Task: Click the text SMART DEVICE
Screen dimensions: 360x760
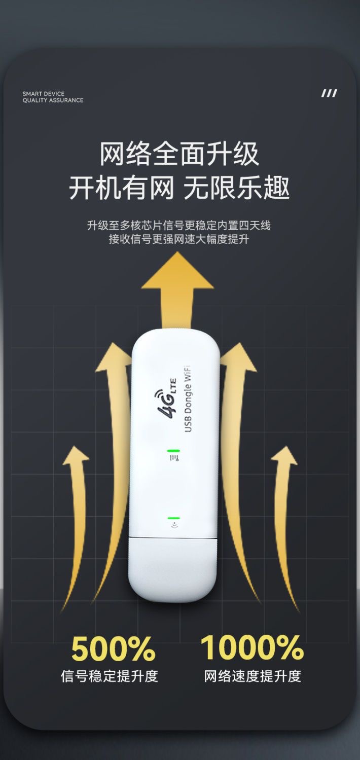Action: coord(44,94)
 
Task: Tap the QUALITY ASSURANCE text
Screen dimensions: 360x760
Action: coord(53,100)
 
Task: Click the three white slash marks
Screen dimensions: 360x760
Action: coord(329,93)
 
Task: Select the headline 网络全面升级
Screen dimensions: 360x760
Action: coord(179,154)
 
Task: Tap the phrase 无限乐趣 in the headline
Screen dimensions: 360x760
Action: coord(236,188)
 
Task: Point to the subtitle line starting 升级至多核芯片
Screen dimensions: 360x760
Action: coord(179,225)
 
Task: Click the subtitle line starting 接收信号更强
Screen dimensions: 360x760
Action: coord(179,239)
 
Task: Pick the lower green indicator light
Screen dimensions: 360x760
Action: coord(174,518)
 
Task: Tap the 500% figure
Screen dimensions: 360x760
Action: coord(113,649)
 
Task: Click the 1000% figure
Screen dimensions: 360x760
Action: coord(251,647)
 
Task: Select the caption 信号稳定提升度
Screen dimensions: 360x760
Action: coord(110,676)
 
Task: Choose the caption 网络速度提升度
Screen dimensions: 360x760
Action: coord(253,676)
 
